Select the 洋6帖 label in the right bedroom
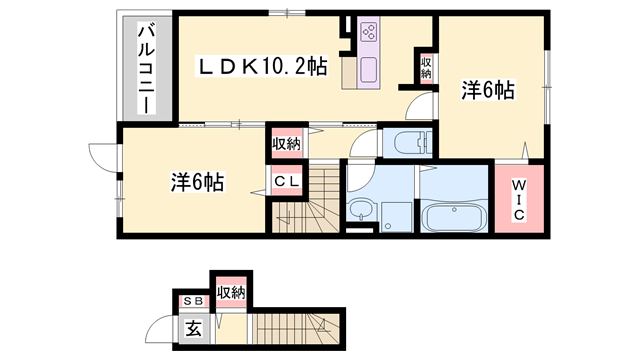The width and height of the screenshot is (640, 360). coord(487,91)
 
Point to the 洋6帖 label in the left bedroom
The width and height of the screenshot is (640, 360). coord(196,182)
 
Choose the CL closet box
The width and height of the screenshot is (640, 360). coord(286,182)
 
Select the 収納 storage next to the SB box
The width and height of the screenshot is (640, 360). coord(230,292)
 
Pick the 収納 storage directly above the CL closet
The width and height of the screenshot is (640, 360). coord(286,144)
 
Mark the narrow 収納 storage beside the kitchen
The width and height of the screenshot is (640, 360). coord(426,68)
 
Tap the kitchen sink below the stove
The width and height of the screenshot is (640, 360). coord(365,69)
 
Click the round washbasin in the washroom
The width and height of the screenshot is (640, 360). coord(360,211)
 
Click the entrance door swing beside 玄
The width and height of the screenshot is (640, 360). coord(160,328)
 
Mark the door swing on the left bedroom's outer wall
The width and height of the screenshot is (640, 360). coord(102,157)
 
